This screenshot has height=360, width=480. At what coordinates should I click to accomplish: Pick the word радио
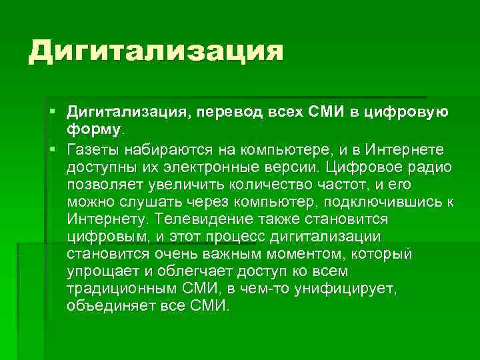point(432,165)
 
